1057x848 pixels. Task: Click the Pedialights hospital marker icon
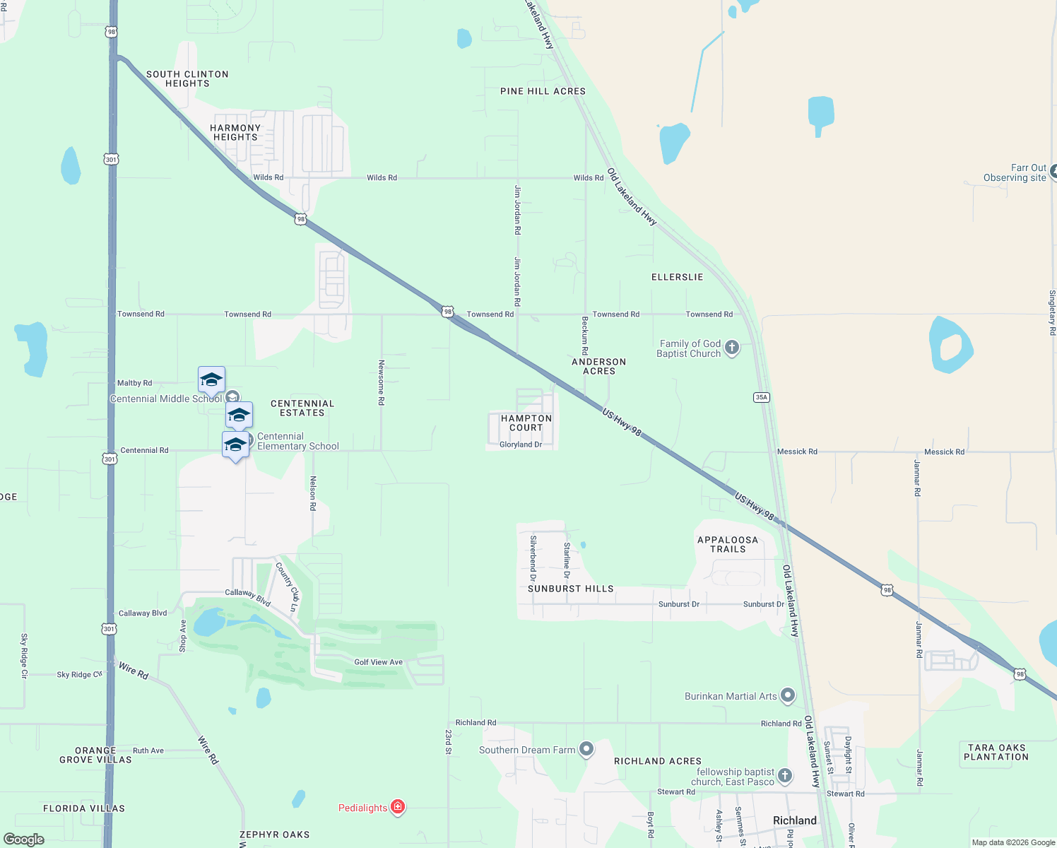(398, 807)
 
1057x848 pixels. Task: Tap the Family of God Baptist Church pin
(732, 347)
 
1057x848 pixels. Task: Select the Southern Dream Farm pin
(586, 749)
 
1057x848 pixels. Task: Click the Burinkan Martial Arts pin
(787, 695)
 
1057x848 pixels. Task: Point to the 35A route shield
(761, 397)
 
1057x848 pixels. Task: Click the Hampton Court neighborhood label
(526, 423)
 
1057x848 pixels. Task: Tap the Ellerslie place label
(677, 277)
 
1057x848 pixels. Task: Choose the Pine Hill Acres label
(543, 91)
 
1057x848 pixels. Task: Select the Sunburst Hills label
(570, 589)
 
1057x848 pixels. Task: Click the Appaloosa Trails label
(728, 544)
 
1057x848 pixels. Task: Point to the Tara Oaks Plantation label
(996, 752)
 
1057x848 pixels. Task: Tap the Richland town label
(794, 820)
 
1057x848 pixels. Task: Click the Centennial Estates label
(302, 408)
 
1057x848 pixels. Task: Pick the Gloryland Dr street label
(521, 444)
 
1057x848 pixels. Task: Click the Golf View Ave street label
(378, 662)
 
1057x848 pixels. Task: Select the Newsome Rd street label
(382, 382)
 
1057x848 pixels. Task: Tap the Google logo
(24, 840)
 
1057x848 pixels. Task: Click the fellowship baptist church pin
(784, 776)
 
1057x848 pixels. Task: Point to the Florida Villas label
(84, 808)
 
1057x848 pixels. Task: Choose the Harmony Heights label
(235, 132)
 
